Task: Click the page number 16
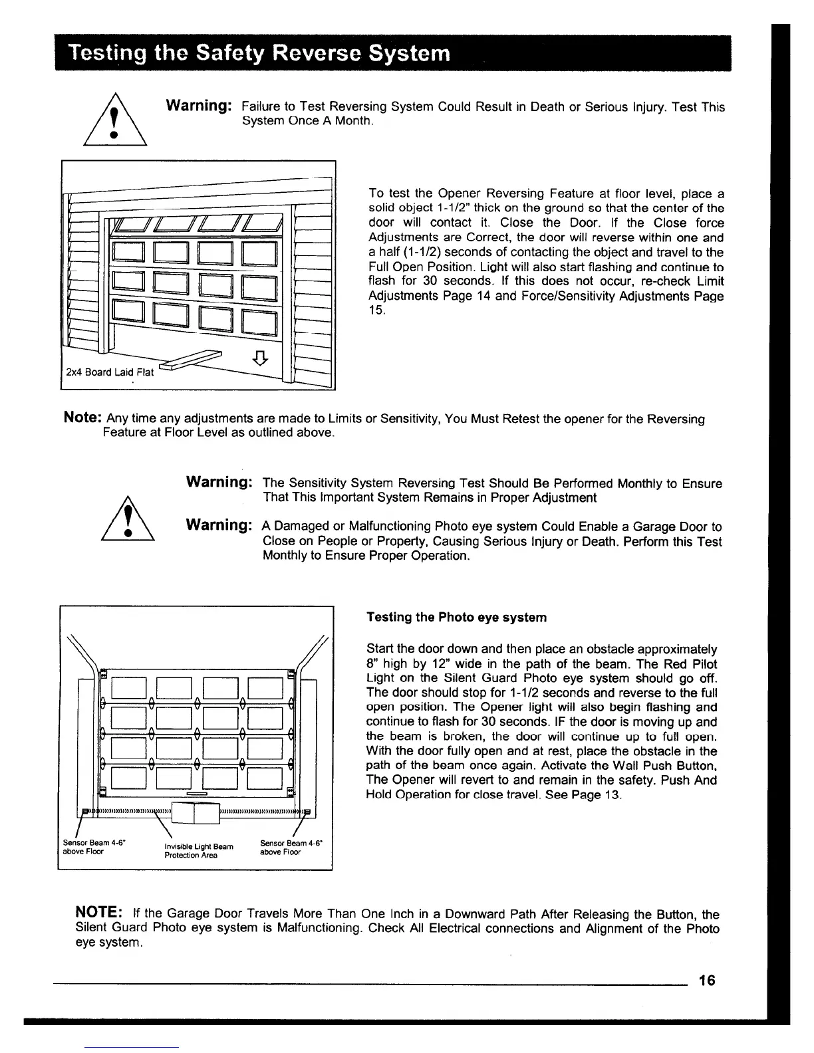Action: click(706, 981)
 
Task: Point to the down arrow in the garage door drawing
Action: click(261, 359)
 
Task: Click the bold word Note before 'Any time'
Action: click(81, 419)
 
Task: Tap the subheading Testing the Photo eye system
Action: click(456, 618)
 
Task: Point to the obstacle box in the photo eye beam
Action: click(196, 812)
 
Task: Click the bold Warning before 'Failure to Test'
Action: click(198, 106)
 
